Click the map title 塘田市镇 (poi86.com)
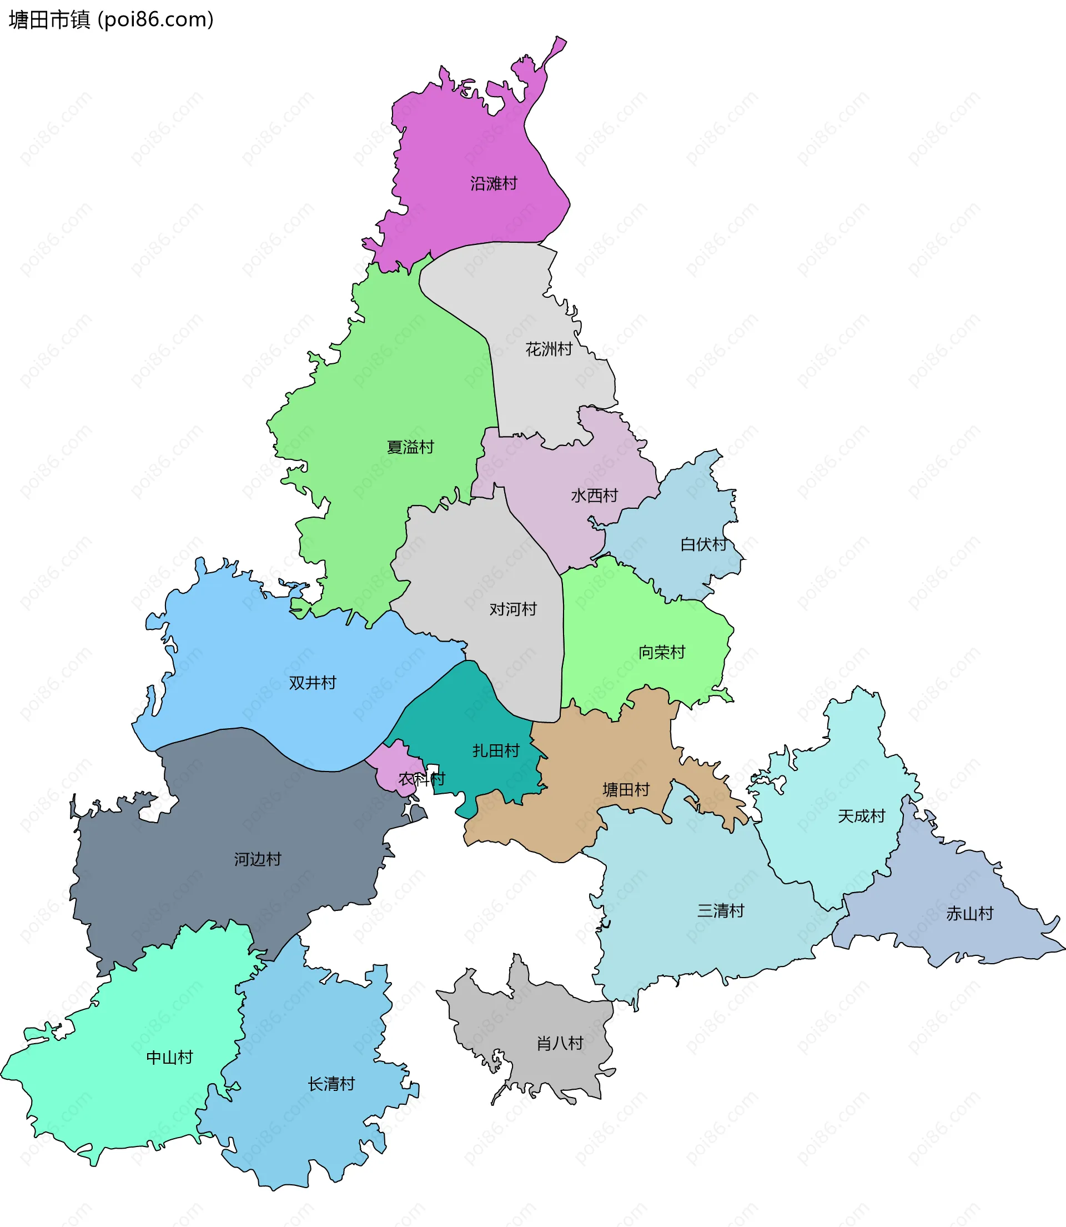pos(111,19)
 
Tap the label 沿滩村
pos(494,183)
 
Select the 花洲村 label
pos(549,349)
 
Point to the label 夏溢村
pos(410,447)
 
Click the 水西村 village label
pos(594,495)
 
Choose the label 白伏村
pos(704,544)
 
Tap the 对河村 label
pos(513,609)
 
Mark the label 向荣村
pos(661,652)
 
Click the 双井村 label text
pos(312,683)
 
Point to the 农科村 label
pos(422,778)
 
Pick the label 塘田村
pos(626,790)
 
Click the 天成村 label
pos(861,816)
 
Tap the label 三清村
pos(721,910)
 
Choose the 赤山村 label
pos(969,913)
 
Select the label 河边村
pos(257,859)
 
